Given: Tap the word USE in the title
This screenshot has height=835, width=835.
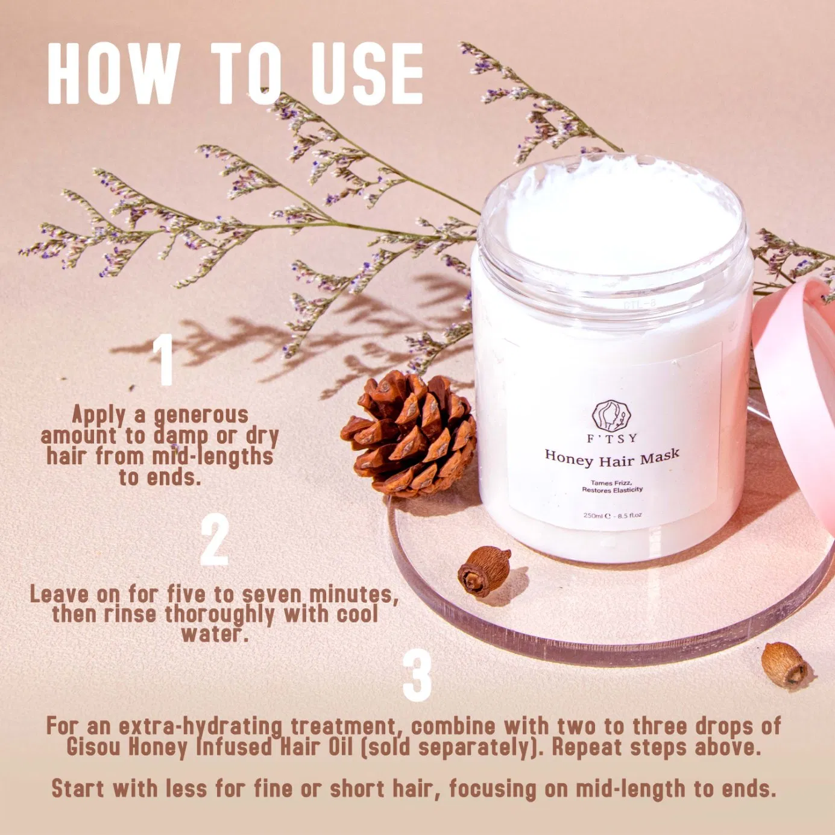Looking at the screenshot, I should click(367, 74).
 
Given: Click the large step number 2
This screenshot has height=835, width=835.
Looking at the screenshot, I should click(215, 540).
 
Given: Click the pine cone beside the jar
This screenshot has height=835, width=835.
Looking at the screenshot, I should click(410, 433).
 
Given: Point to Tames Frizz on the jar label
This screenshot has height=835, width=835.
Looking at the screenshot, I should click(611, 483).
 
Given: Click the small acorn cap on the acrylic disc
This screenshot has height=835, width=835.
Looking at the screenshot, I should click(484, 571).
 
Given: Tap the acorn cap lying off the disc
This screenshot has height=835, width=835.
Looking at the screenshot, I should click(784, 664).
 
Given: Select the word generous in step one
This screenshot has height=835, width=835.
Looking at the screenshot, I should click(201, 415).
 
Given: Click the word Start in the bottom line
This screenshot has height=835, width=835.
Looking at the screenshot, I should click(78, 789).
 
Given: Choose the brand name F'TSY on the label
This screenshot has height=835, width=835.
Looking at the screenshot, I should click(611, 438).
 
